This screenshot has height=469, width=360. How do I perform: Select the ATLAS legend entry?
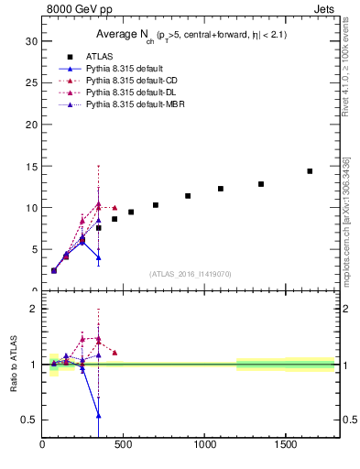100,57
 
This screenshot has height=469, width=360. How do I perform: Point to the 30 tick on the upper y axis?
29,41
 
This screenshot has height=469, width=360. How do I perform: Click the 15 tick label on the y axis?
29,166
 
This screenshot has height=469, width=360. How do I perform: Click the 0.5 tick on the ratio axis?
27,420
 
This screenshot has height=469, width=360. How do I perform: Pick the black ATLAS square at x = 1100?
221,189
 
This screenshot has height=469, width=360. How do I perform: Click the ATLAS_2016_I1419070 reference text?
190,273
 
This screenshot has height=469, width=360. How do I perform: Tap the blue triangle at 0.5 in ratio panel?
99,416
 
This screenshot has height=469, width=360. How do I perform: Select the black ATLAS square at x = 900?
188,196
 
